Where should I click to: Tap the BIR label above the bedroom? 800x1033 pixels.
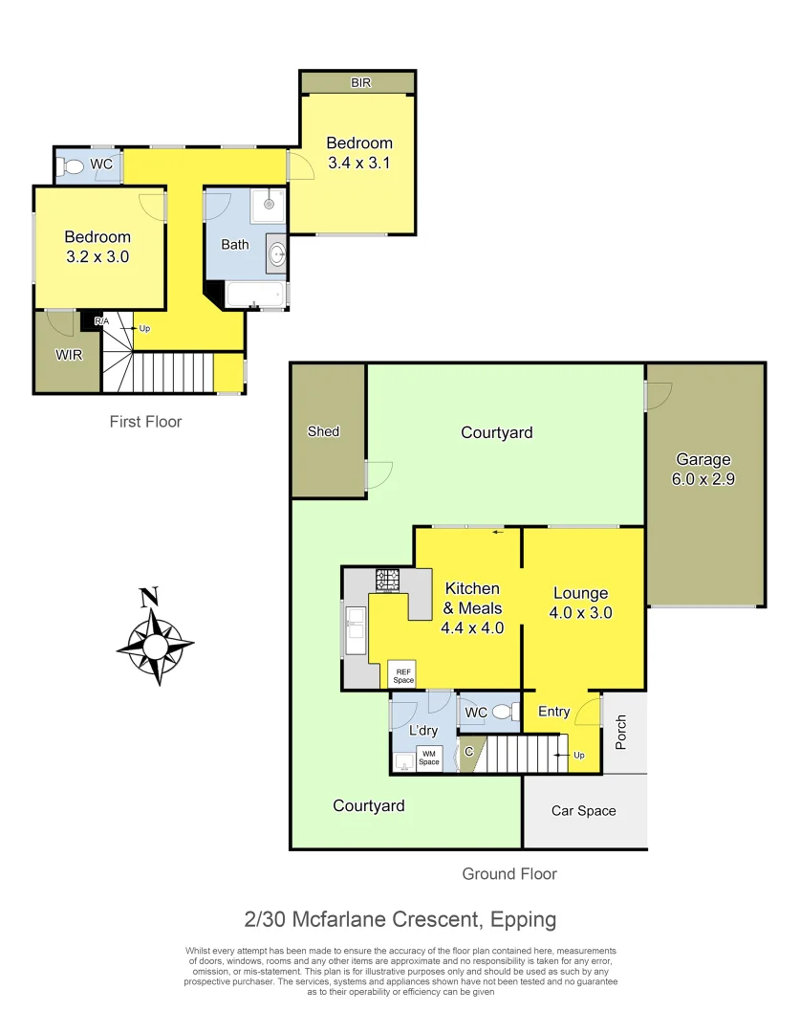click(x=360, y=83)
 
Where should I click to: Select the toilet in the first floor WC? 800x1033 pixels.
click(x=72, y=166)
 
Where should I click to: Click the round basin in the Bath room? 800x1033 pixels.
click(x=276, y=253)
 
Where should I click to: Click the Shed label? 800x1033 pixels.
click(x=323, y=431)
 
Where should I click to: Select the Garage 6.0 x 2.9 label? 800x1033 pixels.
click(x=703, y=469)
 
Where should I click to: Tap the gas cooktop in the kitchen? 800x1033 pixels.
click(x=387, y=580)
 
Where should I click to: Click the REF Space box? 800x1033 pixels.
click(x=403, y=675)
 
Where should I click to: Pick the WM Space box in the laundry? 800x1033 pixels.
click(x=428, y=758)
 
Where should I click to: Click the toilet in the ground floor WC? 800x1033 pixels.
click(x=503, y=712)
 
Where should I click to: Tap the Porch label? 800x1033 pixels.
click(x=621, y=732)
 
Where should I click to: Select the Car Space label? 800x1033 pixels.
click(x=583, y=811)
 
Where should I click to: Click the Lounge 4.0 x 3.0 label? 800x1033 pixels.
click(x=581, y=603)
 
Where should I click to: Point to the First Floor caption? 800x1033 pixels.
click(x=145, y=421)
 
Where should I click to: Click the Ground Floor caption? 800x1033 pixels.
click(x=508, y=873)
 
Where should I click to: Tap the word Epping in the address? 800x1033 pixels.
click(x=523, y=920)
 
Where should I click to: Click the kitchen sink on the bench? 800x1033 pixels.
click(x=356, y=629)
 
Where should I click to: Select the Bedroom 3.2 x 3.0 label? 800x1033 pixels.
click(x=97, y=247)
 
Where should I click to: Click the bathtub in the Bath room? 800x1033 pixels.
click(x=255, y=295)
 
